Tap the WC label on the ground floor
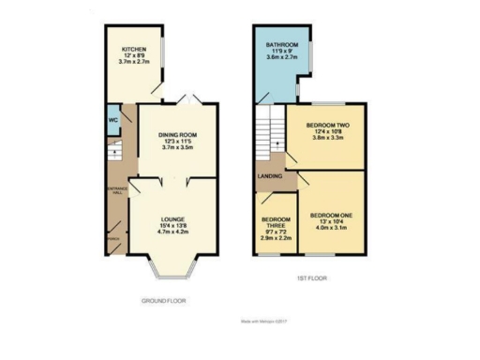pos(112,120)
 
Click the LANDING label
pos(269,176)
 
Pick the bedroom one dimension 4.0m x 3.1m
pos(330,227)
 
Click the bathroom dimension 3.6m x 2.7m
pos(281,57)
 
